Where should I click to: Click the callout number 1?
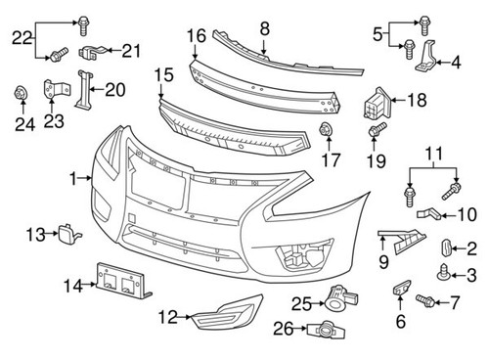[74, 179]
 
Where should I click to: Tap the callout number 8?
[264, 30]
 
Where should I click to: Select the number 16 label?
[197, 36]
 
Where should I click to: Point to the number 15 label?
[163, 74]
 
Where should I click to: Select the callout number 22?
[20, 38]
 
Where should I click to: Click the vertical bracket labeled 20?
[82, 91]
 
